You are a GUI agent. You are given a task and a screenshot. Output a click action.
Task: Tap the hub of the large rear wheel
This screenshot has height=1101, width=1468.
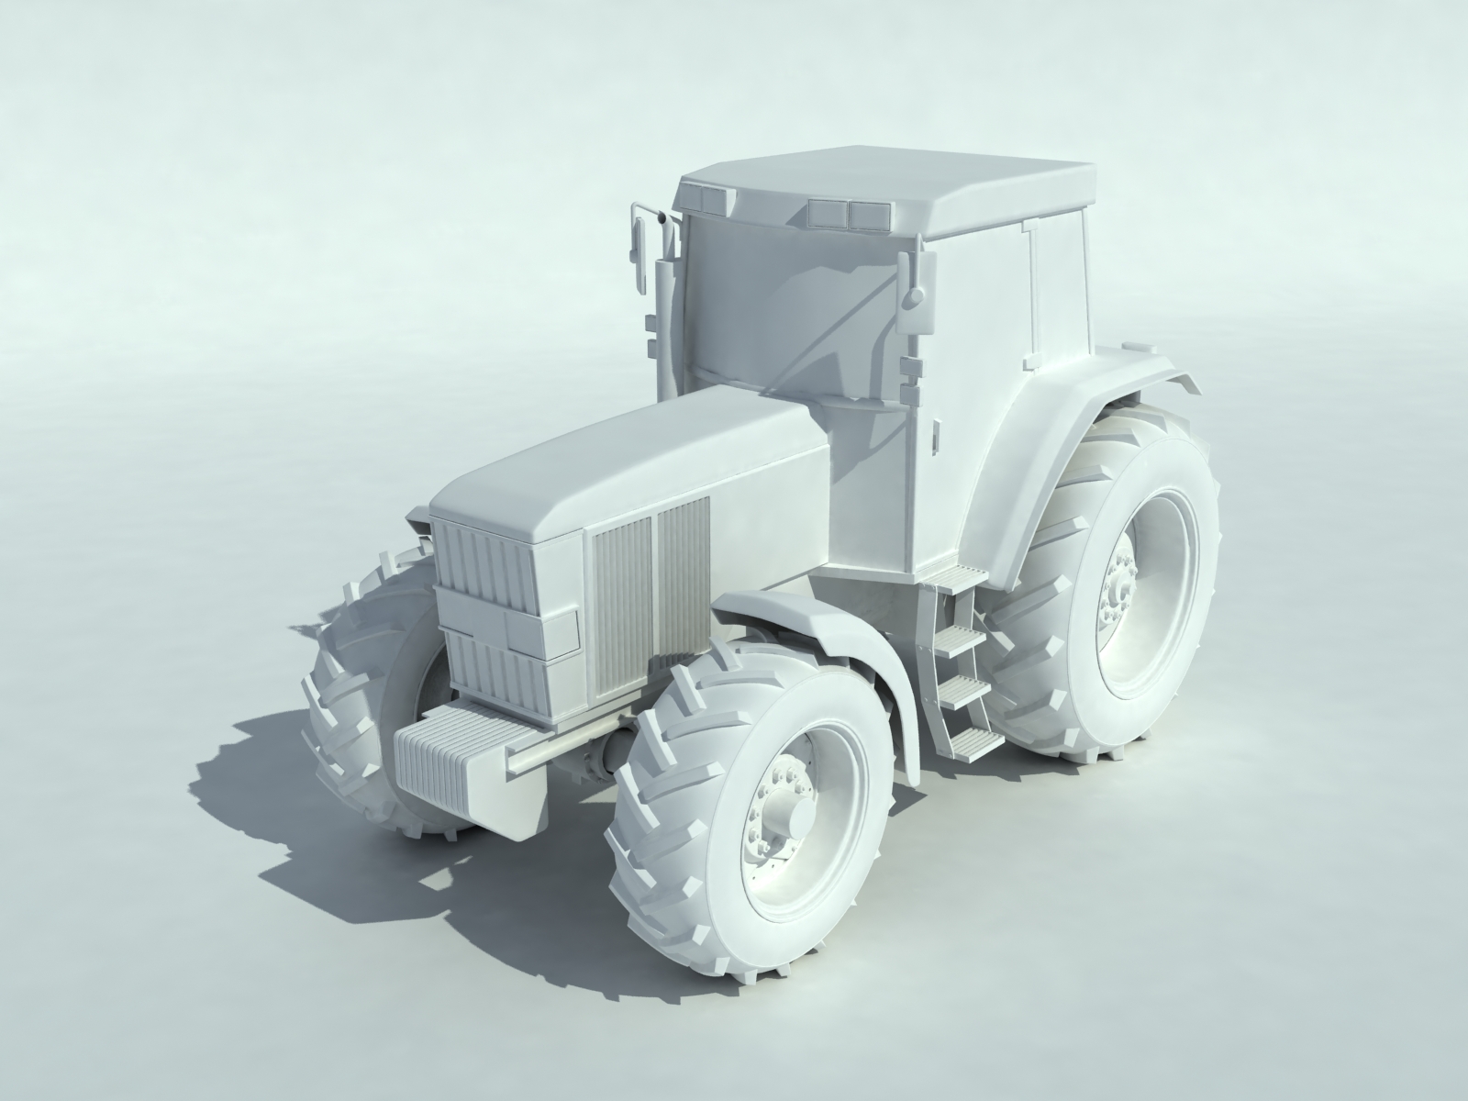coord(1121,587)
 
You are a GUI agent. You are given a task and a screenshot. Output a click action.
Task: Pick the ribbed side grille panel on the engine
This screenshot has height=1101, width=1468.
coord(651,606)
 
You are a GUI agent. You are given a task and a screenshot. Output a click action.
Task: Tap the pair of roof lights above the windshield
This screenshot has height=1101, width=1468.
coord(849,215)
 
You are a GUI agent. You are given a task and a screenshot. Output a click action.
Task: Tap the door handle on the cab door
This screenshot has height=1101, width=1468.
coord(937,439)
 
